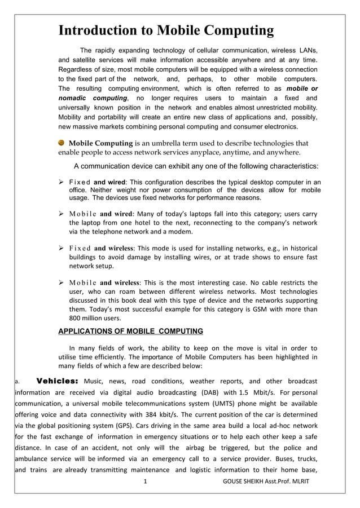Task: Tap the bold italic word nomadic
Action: [76, 98]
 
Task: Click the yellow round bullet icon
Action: [62, 143]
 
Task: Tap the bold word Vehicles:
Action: [57, 381]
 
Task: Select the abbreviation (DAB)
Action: [212, 392]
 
